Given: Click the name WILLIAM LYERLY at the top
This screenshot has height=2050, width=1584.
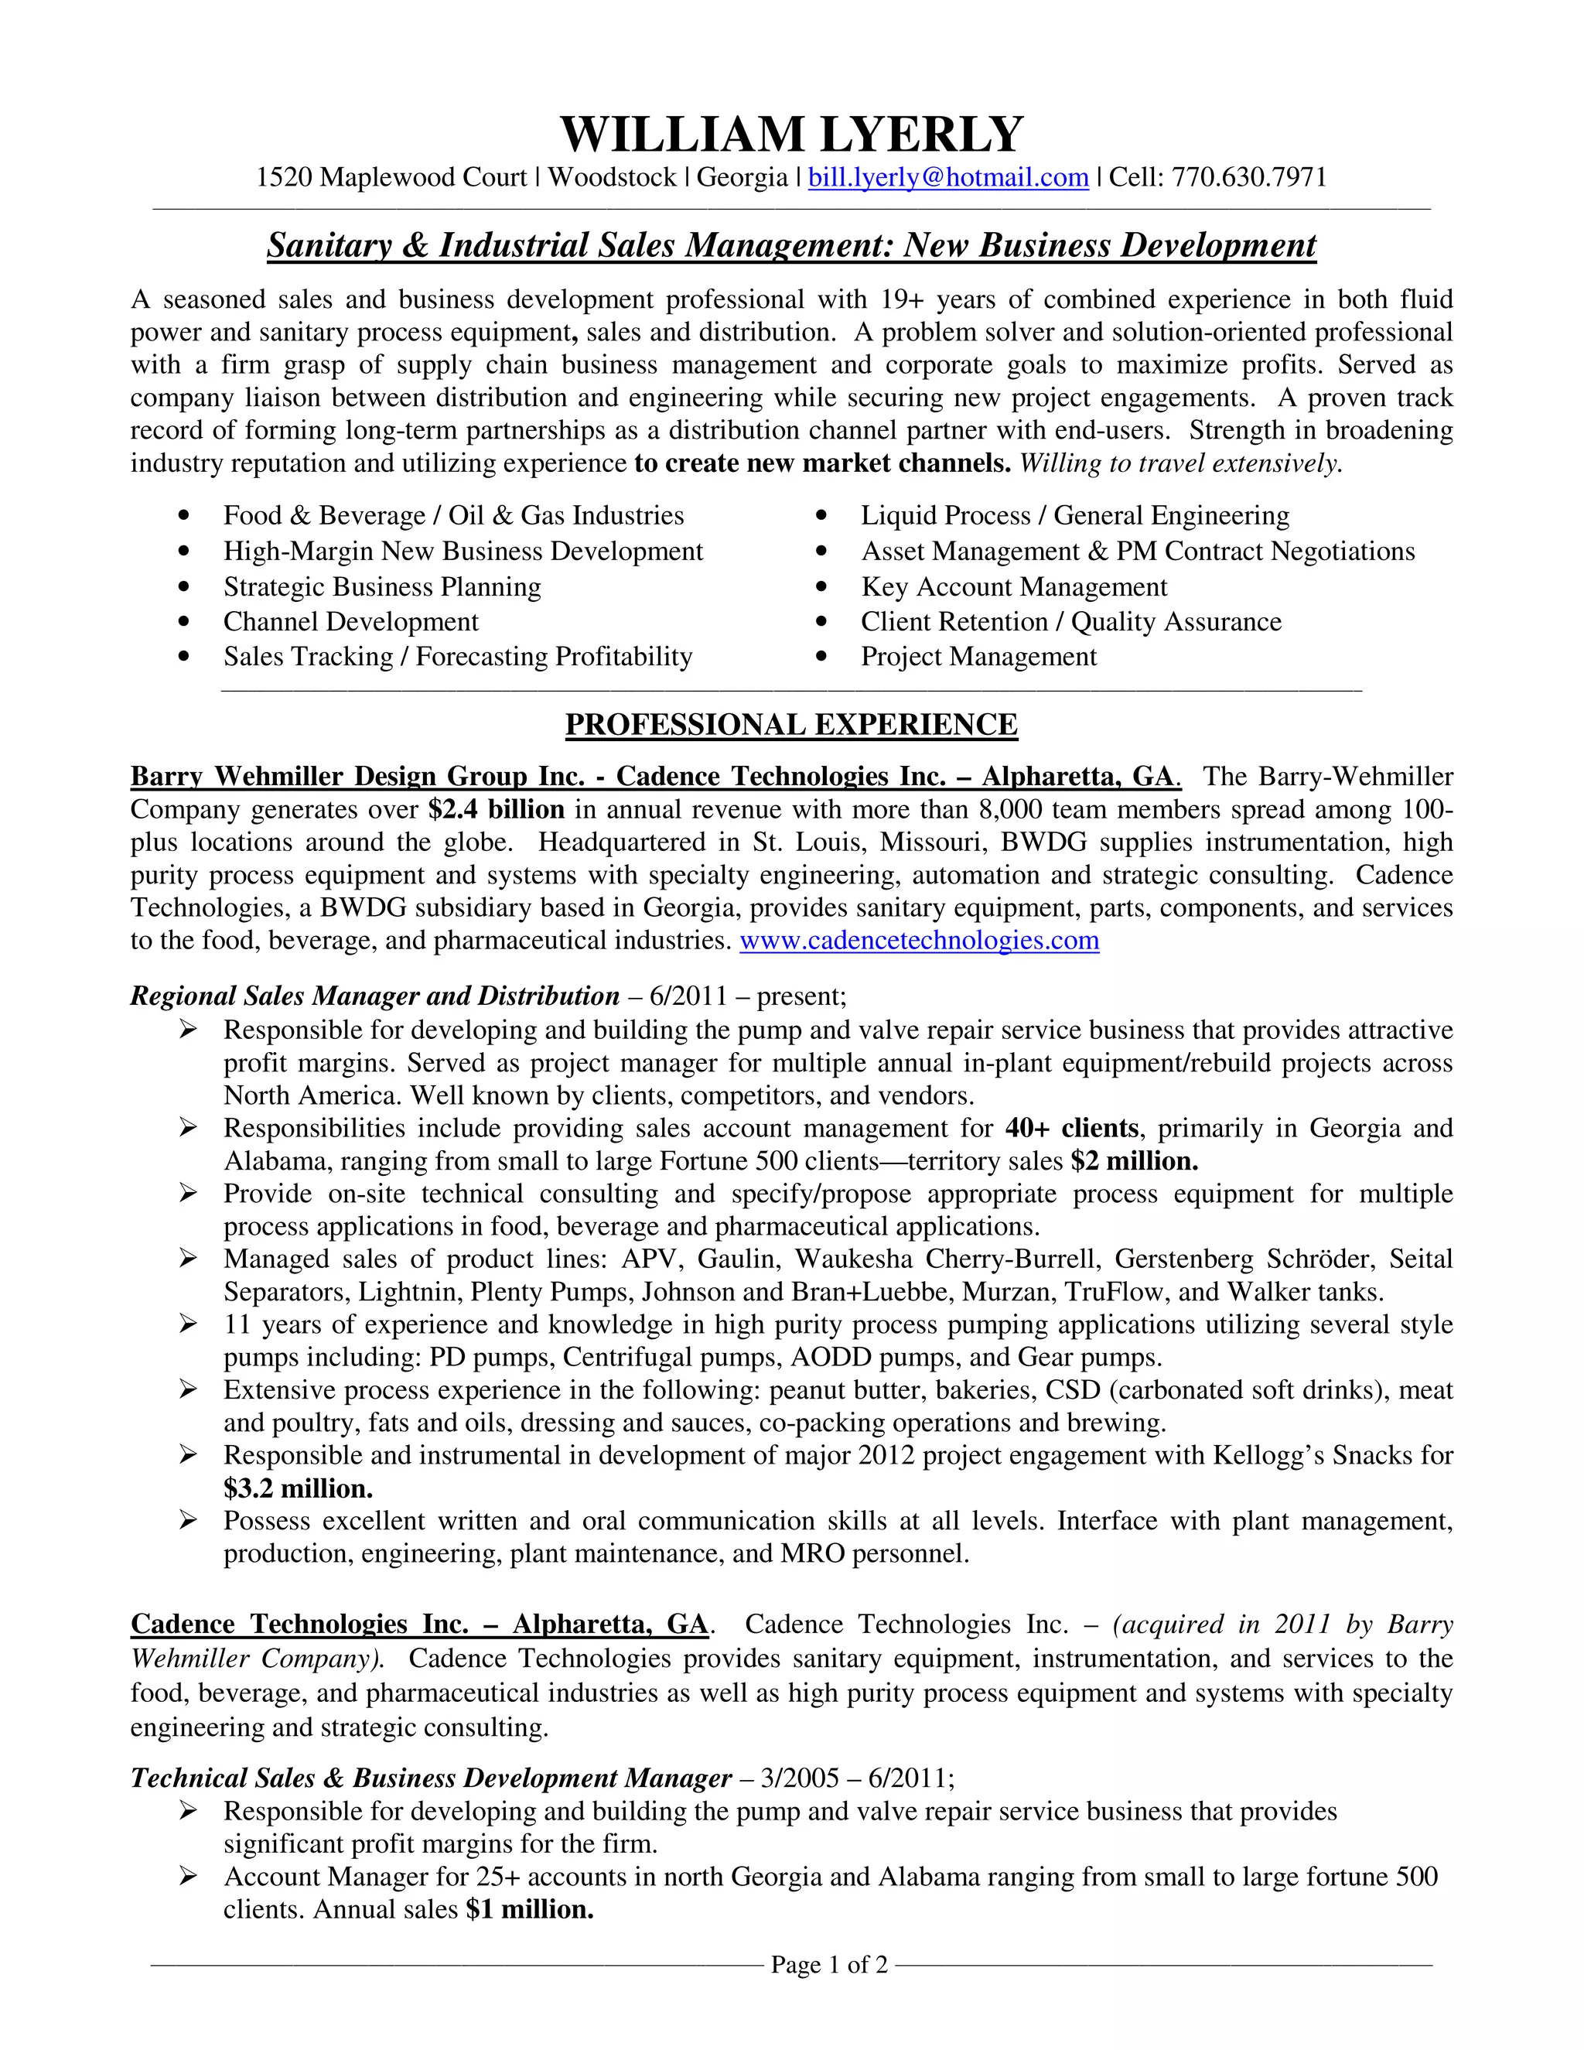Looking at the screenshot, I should [791, 135].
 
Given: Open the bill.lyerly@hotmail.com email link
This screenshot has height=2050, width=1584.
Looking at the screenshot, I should [947, 177].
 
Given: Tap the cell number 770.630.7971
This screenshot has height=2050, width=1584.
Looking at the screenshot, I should [1249, 177].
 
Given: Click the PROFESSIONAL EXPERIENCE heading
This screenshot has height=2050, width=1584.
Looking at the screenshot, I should [791, 725].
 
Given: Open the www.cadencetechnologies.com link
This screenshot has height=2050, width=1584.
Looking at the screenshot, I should [919, 941].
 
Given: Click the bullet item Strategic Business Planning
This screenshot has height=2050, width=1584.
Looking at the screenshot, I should [382, 586].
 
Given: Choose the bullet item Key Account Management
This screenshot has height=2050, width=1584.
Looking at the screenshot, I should [1013, 586].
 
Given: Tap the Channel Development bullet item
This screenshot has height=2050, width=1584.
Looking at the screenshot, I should [350, 621].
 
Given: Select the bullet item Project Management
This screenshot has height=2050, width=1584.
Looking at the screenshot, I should [978, 656].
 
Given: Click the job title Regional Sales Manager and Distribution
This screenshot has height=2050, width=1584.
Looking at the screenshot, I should [374, 995].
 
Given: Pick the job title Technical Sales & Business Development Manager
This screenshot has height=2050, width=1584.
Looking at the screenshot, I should [430, 1778].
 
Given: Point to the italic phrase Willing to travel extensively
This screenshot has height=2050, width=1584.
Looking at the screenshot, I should [1180, 463].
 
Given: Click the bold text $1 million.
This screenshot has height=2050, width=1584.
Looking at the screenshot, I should [529, 1909].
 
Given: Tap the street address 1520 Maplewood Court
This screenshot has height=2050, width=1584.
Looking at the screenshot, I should [391, 177].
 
